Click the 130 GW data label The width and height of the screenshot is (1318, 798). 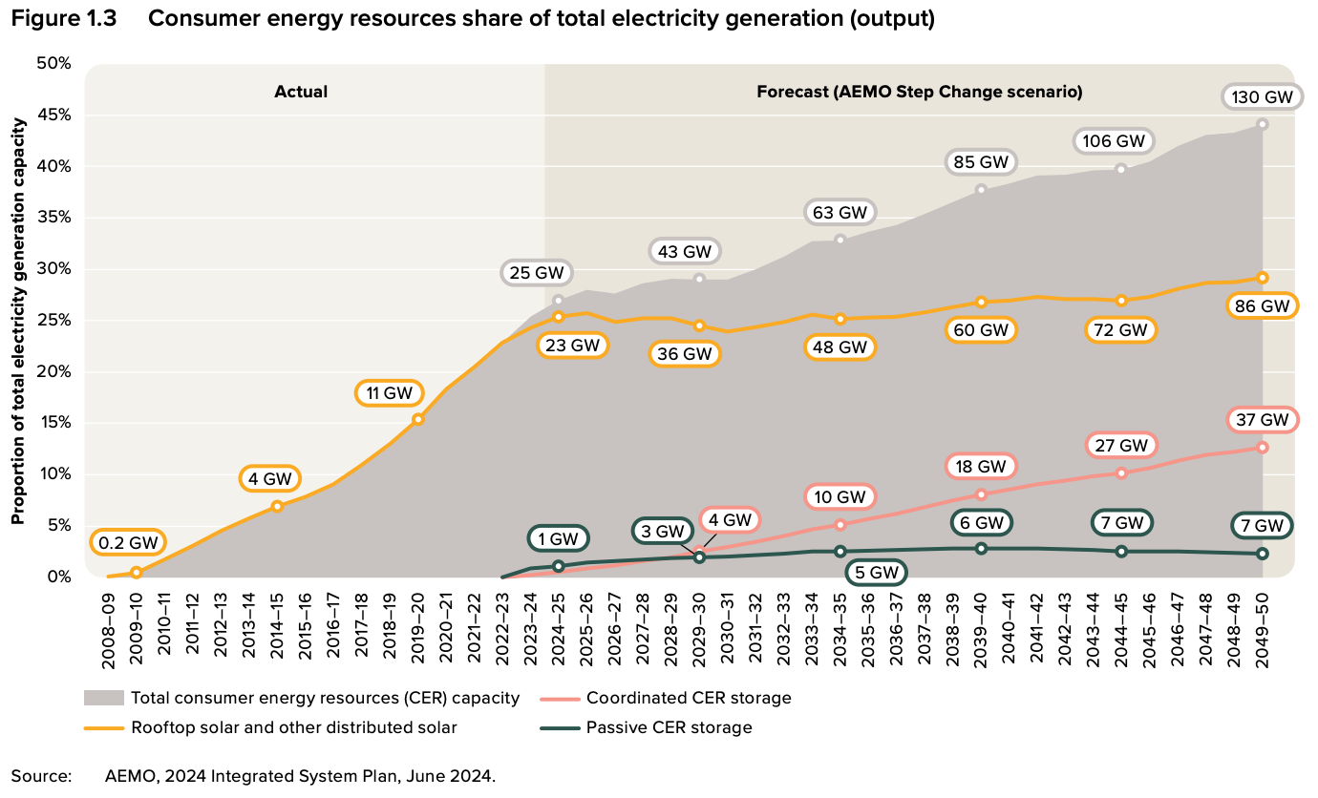[1262, 97]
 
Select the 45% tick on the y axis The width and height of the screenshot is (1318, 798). [53, 115]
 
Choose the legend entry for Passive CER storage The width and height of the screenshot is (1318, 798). [669, 727]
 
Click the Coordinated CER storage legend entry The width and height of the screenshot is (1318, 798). [688, 698]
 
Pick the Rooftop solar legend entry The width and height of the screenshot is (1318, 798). [293, 727]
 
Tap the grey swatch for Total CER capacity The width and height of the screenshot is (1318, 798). [104, 698]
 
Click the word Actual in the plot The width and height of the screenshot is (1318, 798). [301, 92]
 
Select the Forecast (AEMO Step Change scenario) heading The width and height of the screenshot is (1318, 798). [919, 92]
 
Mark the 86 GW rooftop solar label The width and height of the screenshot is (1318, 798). [1262, 306]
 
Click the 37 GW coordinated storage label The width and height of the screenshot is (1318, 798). [1262, 419]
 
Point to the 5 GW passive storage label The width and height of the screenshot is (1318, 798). [876, 573]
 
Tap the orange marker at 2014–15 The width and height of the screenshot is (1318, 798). [277, 506]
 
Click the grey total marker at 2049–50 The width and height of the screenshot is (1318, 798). [1263, 124]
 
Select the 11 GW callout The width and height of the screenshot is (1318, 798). [389, 392]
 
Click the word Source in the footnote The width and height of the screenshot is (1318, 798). [41, 775]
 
